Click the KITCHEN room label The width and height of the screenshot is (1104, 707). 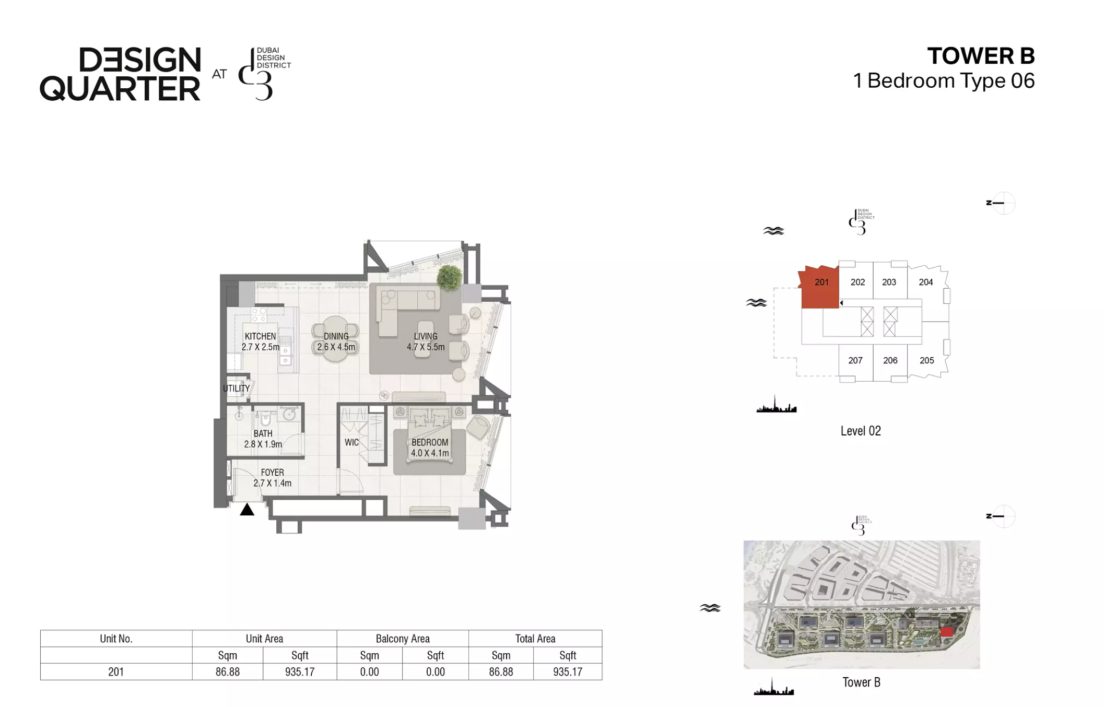pyautogui.click(x=260, y=336)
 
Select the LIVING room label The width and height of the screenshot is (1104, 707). pyautogui.click(x=426, y=336)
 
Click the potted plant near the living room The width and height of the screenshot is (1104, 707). pyautogui.click(x=449, y=276)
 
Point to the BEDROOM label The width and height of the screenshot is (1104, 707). pyautogui.click(x=430, y=442)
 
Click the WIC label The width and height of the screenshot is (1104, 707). pyautogui.click(x=351, y=442)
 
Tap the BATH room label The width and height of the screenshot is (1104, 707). pyautogui.click(x=263, y=433)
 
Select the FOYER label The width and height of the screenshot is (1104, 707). pyautogui.click(x=272, y=473)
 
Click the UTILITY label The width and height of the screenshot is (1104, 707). pyautogui.click(x=236, y=388)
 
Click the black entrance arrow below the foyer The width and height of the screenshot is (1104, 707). pyautogui.click(x=247, y=510)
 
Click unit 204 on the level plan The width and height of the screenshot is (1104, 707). pyautogui.click(x=926, y=282)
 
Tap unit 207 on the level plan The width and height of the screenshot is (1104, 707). pyautogui.click(x=855, y=360)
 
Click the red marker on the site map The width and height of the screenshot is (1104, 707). pyautogui.click(x=947, y=632)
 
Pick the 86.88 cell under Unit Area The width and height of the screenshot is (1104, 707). pyautogui.click(x=228, y=672)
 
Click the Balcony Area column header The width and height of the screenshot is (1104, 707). pyautogui.click(x=403, y=639)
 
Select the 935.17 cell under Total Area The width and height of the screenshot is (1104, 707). pyautogui.click(x=568, y=672)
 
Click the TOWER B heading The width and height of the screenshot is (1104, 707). pyautogui.click(x=981, y=56)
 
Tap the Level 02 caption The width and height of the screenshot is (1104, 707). pyautogui.click(x=861, y=431)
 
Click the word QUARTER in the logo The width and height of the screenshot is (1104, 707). pyautogui.click(x=120, y=89)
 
